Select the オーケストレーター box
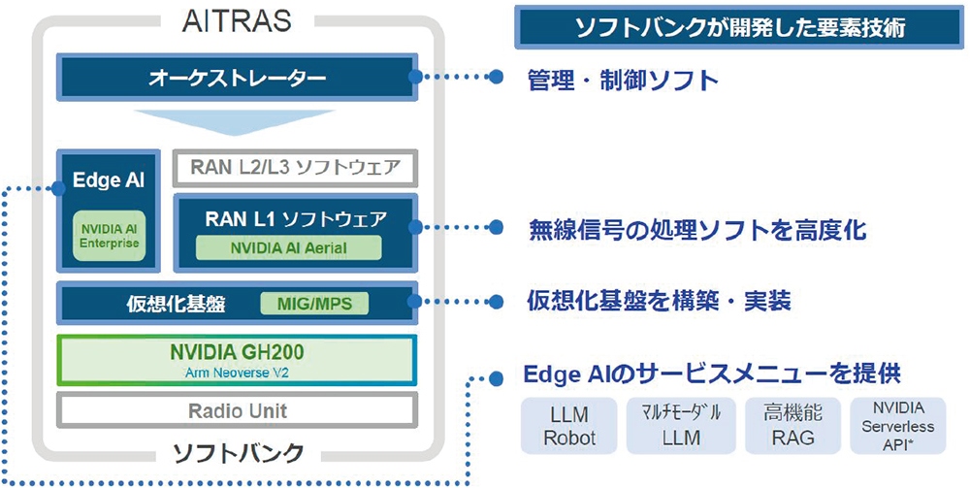(237, 77)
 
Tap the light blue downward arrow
(235, 122)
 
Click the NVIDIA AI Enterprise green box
(110, 236)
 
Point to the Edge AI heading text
(109, 180)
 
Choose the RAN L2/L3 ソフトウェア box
(295, 168)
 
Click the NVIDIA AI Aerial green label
(288, 248)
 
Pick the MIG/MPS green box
(314, 304)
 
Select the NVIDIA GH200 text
(237, 352)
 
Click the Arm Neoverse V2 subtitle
(237, 373)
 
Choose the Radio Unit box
(237, 410)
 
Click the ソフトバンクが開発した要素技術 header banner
(740, 27)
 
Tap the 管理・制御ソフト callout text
(623, 80)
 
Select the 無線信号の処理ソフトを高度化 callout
(697, 230)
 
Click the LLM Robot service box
(569, 426)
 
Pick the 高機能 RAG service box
(793, 426)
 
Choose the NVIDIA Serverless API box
(898, 426)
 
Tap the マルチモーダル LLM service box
(681, 426)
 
